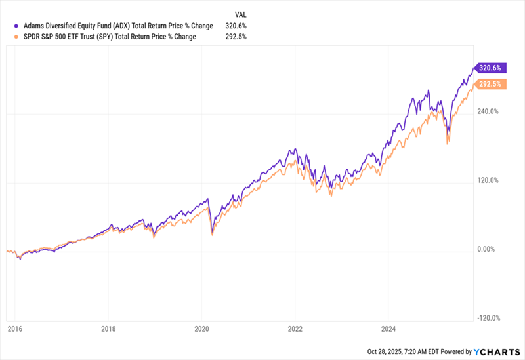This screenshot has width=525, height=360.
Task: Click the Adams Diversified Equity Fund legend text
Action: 112,25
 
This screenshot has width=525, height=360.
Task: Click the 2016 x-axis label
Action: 14,330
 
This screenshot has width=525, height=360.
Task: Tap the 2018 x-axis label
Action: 108,330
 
